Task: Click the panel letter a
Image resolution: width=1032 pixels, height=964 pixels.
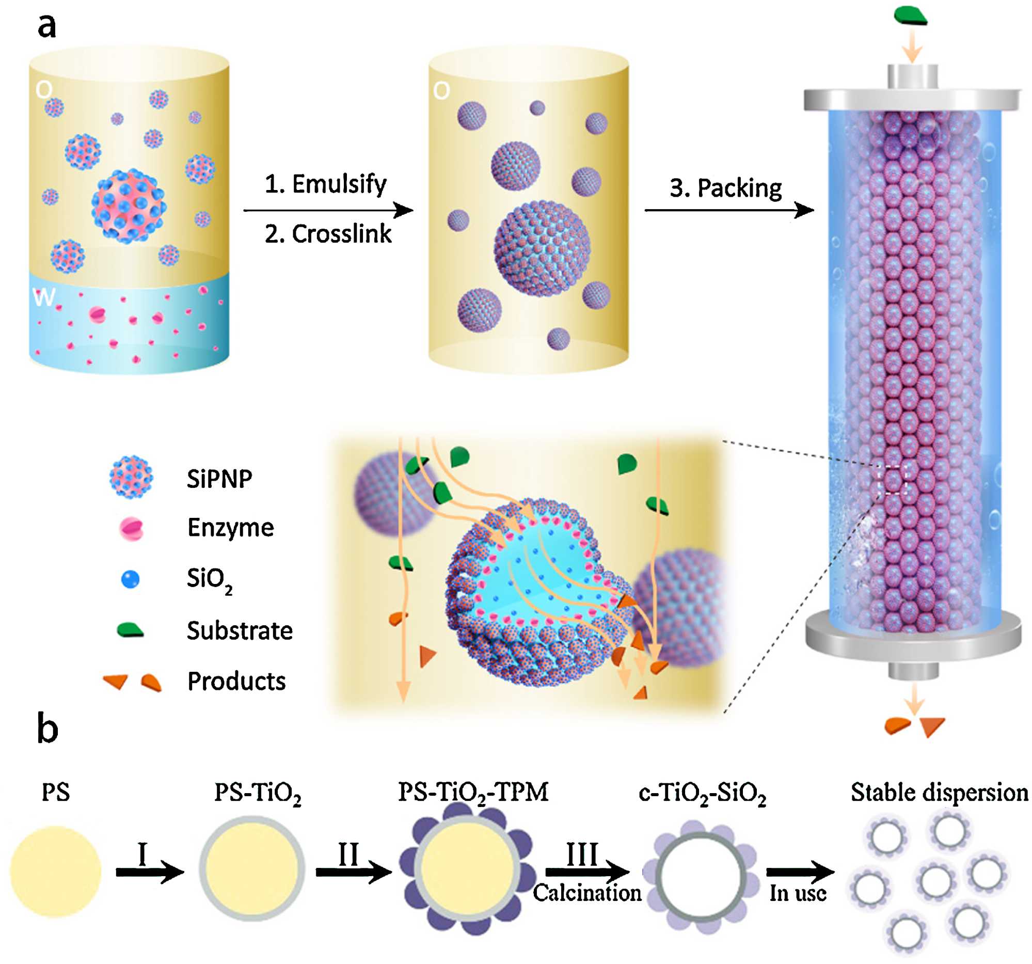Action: (x=46, y=26)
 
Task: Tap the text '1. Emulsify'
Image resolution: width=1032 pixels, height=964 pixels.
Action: (x=325, y=184)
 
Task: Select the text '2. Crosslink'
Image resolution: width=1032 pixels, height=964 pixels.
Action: (x=327, y=234)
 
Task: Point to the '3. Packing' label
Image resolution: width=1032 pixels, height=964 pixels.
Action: (x=725, y=188)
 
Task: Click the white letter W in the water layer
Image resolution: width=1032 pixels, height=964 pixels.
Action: (x=43, y=297)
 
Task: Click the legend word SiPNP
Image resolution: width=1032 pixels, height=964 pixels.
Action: (x=219, y=479)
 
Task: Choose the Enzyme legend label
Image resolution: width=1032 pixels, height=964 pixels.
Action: (x=230, y=527)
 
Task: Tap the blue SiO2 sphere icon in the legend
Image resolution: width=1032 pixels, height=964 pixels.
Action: (x=130, y=579)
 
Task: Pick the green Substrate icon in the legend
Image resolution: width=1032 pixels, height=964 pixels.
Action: (x=130, y=630)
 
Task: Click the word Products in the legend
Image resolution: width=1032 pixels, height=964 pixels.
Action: (x=236, y=681)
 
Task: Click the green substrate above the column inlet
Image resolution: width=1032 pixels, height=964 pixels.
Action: (x=911, y=15)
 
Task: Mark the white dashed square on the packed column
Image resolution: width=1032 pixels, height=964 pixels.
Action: (x=892, y=479)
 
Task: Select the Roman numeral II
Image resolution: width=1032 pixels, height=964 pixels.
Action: (x=348, y=854)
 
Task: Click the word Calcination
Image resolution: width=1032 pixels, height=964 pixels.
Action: (x=587, y=893)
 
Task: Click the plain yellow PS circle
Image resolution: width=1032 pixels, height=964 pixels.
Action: (x=56, y=872)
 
